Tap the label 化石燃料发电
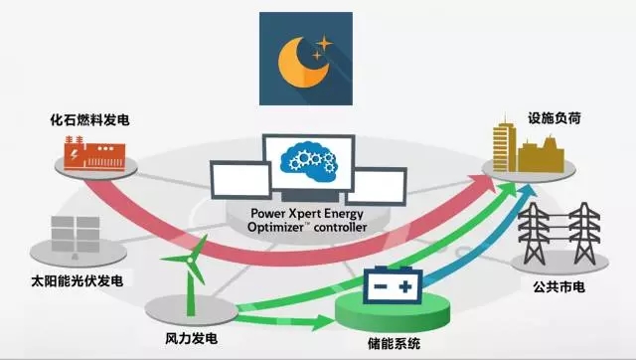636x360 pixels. pos(91,121)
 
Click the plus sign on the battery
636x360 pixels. pos(406,287)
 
